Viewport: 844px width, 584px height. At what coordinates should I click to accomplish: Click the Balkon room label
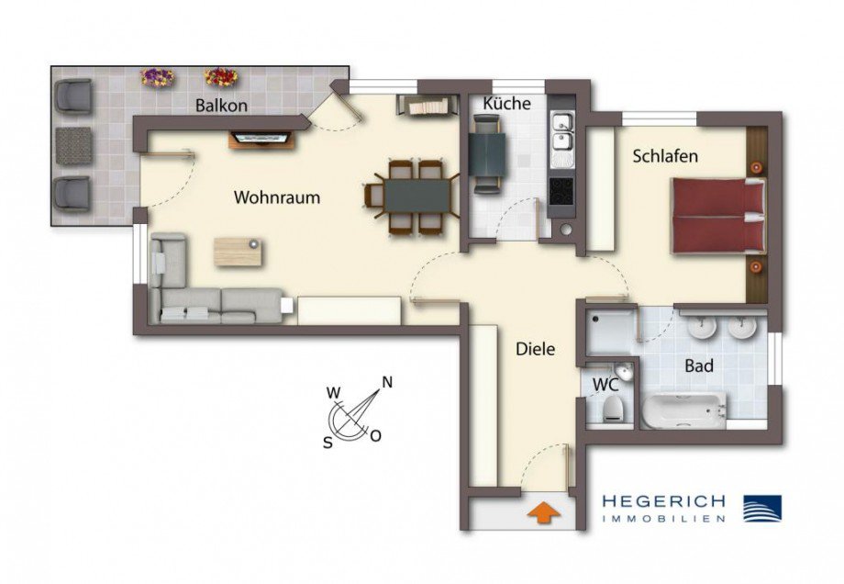tap(222, 106)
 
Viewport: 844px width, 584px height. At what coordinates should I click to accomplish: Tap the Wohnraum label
tap(277, 197)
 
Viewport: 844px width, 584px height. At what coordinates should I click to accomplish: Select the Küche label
tap(506, 104)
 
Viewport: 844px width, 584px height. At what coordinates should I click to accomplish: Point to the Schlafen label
tap(665, 156)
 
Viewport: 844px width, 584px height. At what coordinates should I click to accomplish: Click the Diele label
tap(535, 349)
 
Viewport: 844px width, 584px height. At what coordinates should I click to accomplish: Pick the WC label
tap(605, 384)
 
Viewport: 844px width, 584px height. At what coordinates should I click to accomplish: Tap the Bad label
tap(699, 366)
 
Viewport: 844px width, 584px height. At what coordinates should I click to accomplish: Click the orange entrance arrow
tap(542, 512)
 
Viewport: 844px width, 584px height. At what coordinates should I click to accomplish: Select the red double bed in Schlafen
tap(718, 217)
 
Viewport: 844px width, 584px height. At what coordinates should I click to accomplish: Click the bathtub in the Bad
tap(683, 410)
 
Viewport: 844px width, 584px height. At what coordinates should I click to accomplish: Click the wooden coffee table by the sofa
tap(239, 251)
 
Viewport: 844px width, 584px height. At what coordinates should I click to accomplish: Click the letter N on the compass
tap(388, 382)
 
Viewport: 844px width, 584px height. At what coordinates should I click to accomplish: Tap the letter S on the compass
tap(328, 441)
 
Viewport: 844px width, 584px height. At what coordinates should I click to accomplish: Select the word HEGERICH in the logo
tap(662, 501)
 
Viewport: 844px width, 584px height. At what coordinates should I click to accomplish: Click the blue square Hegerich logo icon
tap(761, 508)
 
